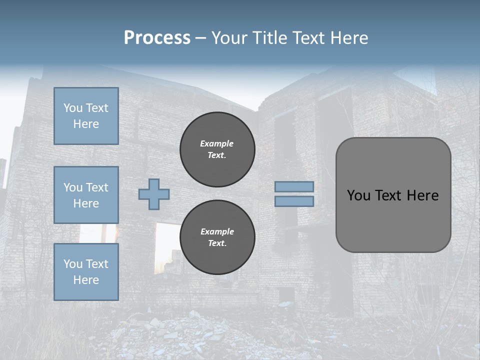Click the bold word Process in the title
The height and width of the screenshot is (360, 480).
pyautogui.click(x=157, y=38)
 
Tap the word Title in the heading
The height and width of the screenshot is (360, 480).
pyautogui.click(x=270, y=38)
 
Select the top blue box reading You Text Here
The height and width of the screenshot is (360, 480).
pyautogui.click(x=86, y=116)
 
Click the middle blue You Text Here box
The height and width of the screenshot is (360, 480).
pyautogui.click(x=86, y=195)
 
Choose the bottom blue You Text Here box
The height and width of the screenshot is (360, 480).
pyautogui.click(x=86, y=271)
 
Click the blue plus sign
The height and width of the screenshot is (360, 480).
pyautogui.click(x=154, y=194)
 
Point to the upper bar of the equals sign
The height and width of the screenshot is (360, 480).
pyautogui.click(x=294, y=187)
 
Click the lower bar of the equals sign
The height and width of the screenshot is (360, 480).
pyautogui.click(x=294, y=201)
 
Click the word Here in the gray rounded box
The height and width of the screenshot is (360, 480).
pyautogui.click(x=422, y=195)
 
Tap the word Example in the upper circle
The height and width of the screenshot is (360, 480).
pyautogui.click(x=216, y=143)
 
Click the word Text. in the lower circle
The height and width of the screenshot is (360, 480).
pyautogui.click(x=216, y=243)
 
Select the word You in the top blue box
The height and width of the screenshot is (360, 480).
pyautogui.click(x=72, y=108)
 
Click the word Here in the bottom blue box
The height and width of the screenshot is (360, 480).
pyautogui.click(x=86, y=280)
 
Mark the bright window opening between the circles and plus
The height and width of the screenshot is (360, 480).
pyautogui.click(x=167, y=240)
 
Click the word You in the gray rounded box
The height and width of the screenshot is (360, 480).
pyautogui.click(x=358, y=195)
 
